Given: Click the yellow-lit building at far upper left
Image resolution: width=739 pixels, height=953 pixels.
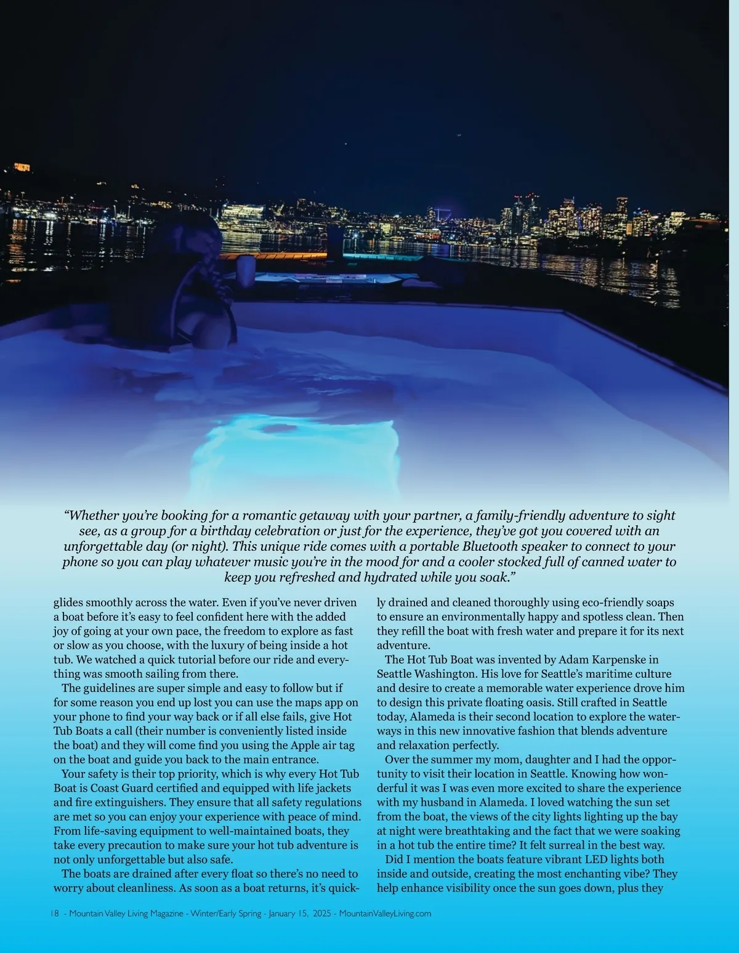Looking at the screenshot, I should click(x=22, y=167).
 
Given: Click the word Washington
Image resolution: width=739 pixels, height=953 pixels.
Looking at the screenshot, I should click(x=445, y=674).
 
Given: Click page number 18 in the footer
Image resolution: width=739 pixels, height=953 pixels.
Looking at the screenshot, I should click(x=54, y=914).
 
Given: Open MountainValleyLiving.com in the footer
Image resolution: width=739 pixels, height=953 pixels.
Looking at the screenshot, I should click(x=385, y=914).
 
